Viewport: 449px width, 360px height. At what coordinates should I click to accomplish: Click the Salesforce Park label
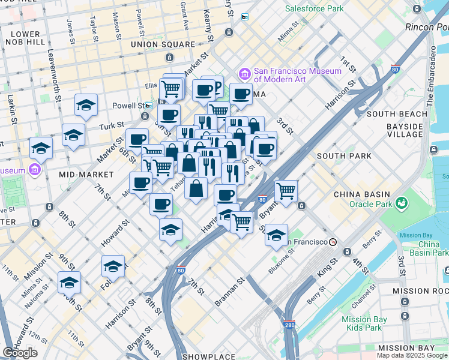click(x=314, y=8)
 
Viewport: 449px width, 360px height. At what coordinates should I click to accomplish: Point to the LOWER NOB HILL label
click(x=25, y=38)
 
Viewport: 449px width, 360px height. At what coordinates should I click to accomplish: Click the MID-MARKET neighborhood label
click(x=86, y=174)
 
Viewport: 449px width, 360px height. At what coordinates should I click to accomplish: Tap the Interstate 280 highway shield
click(x=289, y=325)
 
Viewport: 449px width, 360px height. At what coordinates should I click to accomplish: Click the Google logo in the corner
click(x=20, y=353)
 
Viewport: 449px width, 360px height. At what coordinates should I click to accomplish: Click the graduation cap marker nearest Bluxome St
click(x=276, y=235)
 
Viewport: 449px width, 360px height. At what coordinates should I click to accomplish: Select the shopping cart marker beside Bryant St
click(x=286, y=191)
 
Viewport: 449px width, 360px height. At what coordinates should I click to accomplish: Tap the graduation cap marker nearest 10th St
click(x=69, y=281)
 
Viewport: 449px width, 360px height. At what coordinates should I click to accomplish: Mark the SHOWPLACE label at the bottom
click(x=209, y=356)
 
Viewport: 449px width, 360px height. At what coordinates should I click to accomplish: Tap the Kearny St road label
click(x=208, y=24)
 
